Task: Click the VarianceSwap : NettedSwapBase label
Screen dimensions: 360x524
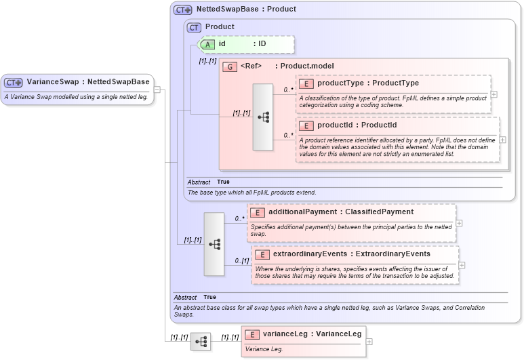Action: (x=87, y=82)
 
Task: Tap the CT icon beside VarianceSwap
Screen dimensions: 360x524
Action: (x=14, y=82)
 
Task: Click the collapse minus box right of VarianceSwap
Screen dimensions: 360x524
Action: (x=157, y=89)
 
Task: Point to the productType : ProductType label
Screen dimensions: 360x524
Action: (x=367, y=83)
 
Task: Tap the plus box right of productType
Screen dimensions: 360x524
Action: (x=493, y=94)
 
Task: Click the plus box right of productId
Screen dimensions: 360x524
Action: (x=502, y=140)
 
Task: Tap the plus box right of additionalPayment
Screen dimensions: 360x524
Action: (x=459, y=223)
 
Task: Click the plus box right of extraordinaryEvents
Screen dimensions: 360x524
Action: (x=462, y=265)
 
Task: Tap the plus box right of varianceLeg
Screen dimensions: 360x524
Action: (x=369, y=341)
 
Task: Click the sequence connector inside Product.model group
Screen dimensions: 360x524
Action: (x=263, y=117)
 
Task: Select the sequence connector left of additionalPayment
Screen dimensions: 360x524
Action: (x=214, y=244)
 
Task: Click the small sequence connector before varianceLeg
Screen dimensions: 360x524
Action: (x=200, y=342)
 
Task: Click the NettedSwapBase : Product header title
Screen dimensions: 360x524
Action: (x=245, y=10)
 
